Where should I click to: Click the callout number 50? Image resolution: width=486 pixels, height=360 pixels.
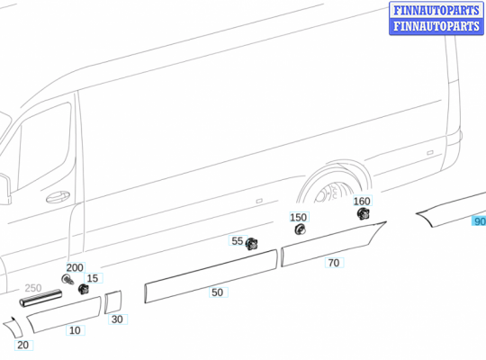(217, 292)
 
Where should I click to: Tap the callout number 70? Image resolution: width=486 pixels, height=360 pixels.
(333, 263)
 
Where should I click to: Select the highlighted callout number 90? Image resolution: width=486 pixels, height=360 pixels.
(479, 221)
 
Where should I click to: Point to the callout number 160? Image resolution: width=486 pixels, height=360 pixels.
(361, 202)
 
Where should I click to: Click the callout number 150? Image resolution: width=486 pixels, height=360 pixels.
(298, 218)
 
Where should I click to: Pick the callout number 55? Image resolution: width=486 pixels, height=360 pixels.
(237, 241)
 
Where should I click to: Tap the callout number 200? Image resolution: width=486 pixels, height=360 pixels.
(75, 268)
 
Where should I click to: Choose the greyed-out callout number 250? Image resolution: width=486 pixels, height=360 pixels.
(33, 288)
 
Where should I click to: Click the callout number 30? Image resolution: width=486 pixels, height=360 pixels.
(117, 319)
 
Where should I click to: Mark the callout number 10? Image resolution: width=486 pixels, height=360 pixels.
(75, 330)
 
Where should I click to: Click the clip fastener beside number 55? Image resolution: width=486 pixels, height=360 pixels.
(252, 243)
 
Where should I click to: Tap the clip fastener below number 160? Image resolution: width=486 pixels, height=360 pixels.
(364, 214)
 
